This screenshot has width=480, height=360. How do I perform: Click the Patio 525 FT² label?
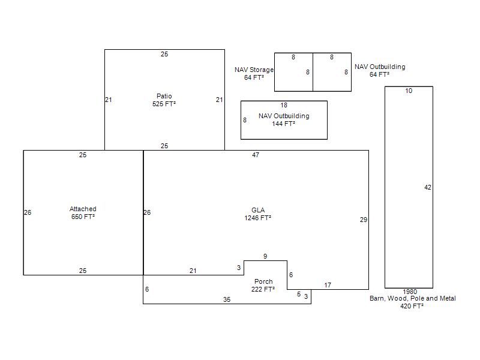click(164, 100)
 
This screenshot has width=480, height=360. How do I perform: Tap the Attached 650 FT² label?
click(83, 213)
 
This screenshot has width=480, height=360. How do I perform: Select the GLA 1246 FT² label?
click(258, 214)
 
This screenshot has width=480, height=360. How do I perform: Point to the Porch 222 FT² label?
click(263, 286)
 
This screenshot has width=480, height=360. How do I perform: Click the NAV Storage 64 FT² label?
click(254, 73)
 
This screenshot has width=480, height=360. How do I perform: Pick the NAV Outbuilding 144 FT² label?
click(284, 119)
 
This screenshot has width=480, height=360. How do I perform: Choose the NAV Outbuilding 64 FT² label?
click(380, 70)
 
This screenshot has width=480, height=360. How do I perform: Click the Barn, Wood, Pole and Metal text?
click(412, 298)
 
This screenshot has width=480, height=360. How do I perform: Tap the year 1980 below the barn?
click(410, 292)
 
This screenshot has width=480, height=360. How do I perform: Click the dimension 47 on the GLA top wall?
click(256, 155)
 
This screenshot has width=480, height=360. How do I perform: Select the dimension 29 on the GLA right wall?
click(364, 220)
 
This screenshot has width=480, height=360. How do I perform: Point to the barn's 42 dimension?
click(428, 187)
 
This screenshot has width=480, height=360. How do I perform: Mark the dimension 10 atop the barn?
click(409, 91)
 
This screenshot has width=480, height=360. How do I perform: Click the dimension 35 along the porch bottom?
click(227, 299)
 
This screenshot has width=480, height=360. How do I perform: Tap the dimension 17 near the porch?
click(328, 285)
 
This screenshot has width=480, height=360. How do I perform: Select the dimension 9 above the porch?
click(265, 256)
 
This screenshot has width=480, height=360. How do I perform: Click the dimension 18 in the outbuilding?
click(284, 105)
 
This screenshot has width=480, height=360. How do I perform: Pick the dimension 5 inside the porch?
click(299, 294)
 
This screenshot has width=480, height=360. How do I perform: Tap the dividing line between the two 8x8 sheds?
click(313, 72)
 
